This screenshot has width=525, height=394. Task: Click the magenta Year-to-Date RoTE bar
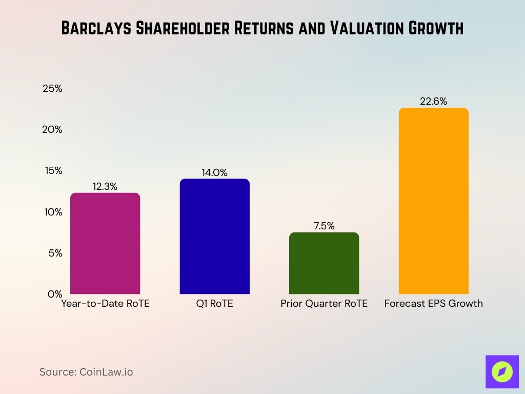pyautogui.click(x=105, y=243)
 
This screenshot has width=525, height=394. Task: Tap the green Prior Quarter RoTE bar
pyautogui.click(x=324, y=263)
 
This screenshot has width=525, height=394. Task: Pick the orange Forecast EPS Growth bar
pyautogui.click(x=434, y=201)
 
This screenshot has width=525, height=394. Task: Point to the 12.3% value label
pyautogui.click(x=105, y=187)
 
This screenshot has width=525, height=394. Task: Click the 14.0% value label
pyautogui.click(x=214, y=173)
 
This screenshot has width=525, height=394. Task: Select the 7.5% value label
pyautogui.click(x=324, y=226)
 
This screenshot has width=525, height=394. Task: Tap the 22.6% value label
pyautogui.click(x=434, y=102)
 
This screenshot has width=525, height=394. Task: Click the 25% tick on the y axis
pyautogui.click(x=52, y=89)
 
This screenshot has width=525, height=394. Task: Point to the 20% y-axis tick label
pyautogui.click(x=52, y=130)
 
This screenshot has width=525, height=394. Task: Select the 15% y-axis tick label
pyautogui.click(x=52, y=171)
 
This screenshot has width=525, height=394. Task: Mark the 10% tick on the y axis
pyautogui.click(x=52, y=212)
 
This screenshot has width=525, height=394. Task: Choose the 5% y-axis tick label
pyautogui.click(x=54, y=253)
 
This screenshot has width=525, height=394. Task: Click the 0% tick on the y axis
pyautogui.click(x=54, y=294)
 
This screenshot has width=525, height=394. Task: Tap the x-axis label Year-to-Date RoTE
pyautogui.click(x=105, y=304)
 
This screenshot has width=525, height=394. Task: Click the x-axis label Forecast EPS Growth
pyautogui.click(x=434, y=304)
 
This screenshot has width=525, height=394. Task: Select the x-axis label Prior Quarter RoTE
pyautogui.click(x=324, y=304)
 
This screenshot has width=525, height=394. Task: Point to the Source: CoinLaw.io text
pyautogui.click(x=86, y=372)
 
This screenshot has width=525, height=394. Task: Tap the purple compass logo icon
pyautogui.click(x=501, y=371)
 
